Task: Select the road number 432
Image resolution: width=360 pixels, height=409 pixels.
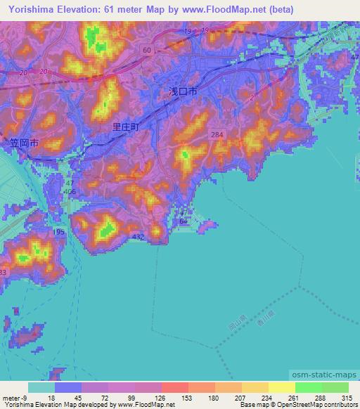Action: [138, 238]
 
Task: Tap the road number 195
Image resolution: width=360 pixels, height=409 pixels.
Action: [58, 233]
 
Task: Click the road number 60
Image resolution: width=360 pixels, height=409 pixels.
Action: [146, 50]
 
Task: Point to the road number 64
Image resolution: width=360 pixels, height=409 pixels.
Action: [183, 221]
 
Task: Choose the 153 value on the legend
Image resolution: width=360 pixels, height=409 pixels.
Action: [174, 397]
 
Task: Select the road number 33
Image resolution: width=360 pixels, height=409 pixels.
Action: [4, 272]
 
